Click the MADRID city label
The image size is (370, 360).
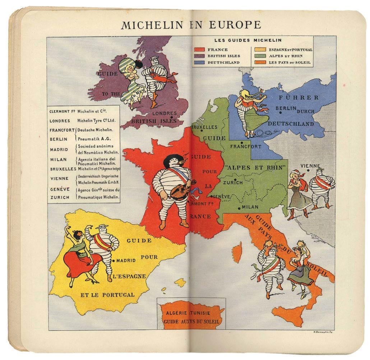[126, 260]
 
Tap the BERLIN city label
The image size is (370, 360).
[286, 108]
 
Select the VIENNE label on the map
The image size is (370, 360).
[310, 166]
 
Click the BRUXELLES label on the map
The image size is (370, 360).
[204, 127]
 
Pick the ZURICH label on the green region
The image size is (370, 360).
[233, 182]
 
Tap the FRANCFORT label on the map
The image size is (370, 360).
[246, 146]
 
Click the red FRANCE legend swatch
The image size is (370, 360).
[199, 50]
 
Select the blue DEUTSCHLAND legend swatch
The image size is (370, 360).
[199, 62]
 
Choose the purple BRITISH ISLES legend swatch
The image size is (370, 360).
[199, 56]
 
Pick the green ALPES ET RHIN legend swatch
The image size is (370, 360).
[260, 56]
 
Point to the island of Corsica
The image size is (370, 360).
[237, 252]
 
